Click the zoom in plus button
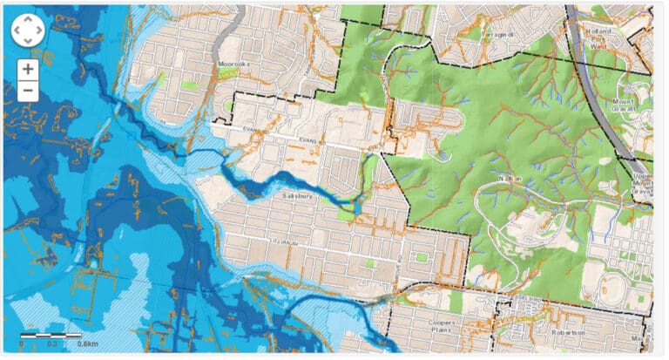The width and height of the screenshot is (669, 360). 28,69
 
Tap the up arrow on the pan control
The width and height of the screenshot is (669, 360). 28,20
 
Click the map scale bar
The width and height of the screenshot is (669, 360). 51,335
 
